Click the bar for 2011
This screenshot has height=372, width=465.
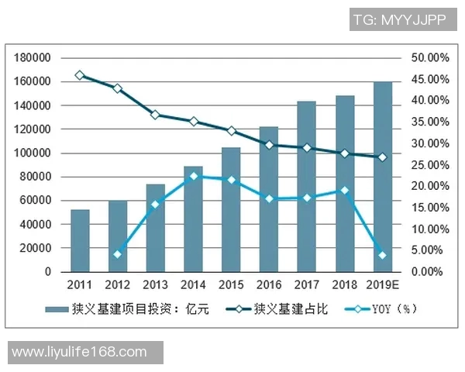point(80,241)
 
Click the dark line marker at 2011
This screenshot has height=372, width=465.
point(80,75)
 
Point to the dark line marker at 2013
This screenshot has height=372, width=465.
point(155,115)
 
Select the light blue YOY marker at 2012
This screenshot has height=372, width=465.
point(118,254)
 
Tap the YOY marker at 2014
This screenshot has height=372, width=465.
point(193,176)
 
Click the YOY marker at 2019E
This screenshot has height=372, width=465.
point(382,255)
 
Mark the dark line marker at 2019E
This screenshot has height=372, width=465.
point(382,157)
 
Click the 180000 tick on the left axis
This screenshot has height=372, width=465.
point(33,58)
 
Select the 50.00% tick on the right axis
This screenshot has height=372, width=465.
point(429,58)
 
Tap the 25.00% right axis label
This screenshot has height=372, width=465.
point(429,165)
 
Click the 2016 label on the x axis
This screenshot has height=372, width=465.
point(269,284)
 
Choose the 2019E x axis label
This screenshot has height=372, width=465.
point(382,284)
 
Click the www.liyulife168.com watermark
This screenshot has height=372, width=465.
point(80,352)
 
